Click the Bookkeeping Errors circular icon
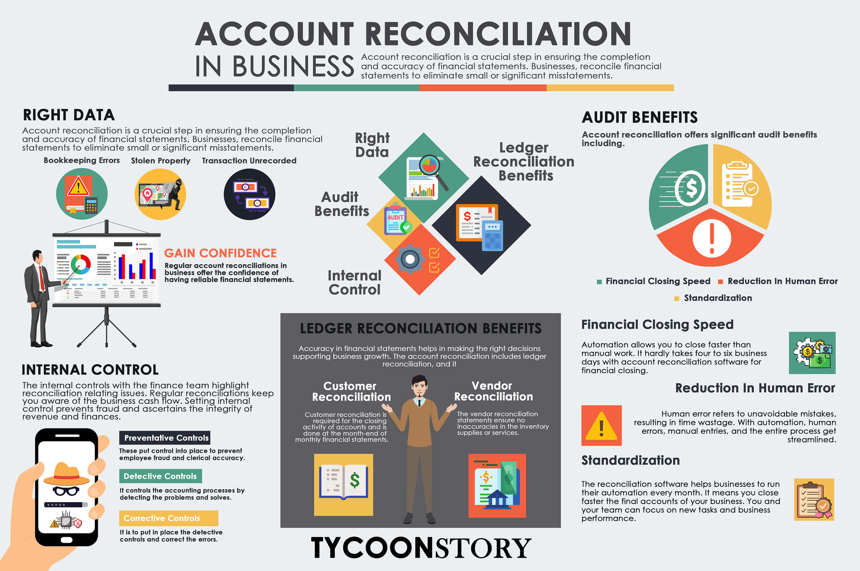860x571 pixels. tap(82, 194)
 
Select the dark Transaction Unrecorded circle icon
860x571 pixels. tap(249, 194)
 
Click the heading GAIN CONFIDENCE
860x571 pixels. tap(220, 253)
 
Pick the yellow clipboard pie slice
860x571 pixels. tap(741, 186)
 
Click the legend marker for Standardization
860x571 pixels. tap(677, 299)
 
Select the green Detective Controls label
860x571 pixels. tap(160, 476)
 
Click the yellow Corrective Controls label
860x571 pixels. tap(168, 518)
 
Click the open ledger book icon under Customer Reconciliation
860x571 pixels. tap(343, 481)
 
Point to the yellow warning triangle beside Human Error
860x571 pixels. tap(601, 426)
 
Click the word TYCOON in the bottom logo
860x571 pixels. tap(373, 548)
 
